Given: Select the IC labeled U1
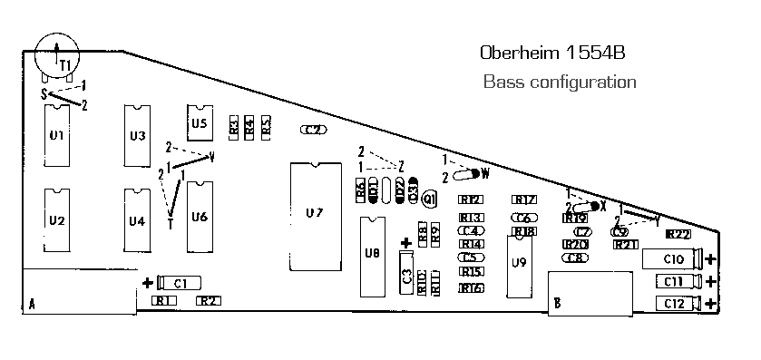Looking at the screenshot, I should tap(56, 135).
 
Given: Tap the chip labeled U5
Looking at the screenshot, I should tap(200, 122).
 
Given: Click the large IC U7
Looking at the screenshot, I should tap(314, 213).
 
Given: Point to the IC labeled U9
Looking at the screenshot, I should tap(519, 263).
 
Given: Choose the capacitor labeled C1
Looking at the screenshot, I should tap(180, 282).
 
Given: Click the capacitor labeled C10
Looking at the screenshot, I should tap(672, 259).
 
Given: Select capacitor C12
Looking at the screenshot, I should tap(672, 304).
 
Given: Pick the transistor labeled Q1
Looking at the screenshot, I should tap(429, 198).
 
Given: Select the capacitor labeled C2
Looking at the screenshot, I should tap(314, 131).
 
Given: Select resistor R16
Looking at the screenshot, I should tap(471, 288).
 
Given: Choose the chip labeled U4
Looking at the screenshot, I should tap(136, 220).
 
